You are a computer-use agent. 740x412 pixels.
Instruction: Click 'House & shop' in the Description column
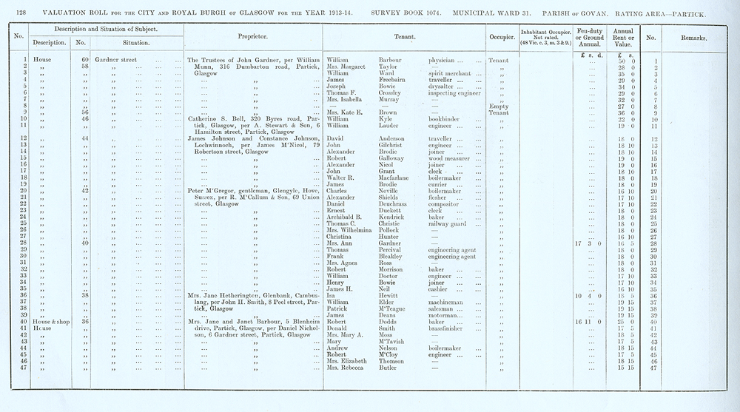47,322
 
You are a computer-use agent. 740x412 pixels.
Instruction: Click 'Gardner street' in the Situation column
116,60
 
